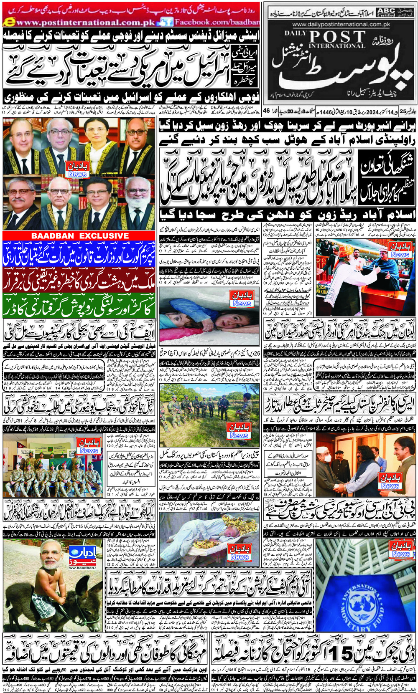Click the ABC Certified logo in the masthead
385,11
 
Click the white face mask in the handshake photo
328,458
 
